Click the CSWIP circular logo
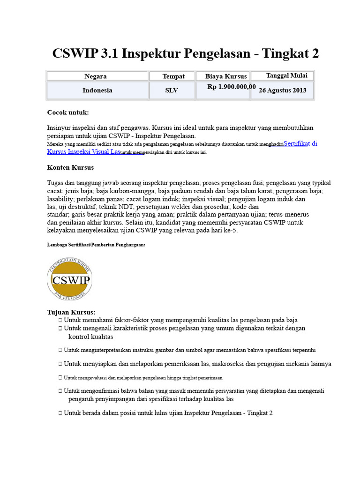pyautogui.click(x=70, y=280)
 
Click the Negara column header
pyautogui.click(x=95, y=76)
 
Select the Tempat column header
pyautogui.click(x=173, y=76)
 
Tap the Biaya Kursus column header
pyautogui.click(x=225, y=76)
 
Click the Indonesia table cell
pyautogui.click(x=97, y=90)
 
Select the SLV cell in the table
pyautogui.click(x=172, y=90)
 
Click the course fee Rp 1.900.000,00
pyautogui.click(x=232, y=87)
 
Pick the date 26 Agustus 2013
pyautogui.click(x=283, y=90)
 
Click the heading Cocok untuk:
pyautogui.click(x=68, y=112)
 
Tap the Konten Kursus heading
pyautogui.click(x=70, y=167)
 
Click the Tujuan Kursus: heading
pyautogui.click(x=71, y=312)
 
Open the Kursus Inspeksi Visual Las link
pyautogui.click(x=83, y=152)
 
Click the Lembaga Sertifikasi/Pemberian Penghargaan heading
pyautogui.click(x=96, y=245)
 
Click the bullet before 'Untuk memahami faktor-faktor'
pyautogui.click(x=60, y=320)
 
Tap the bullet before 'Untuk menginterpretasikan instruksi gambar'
pyautogui.click(x=60, y=350)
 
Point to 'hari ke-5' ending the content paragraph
pyautogui.click(x=223, y=231)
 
